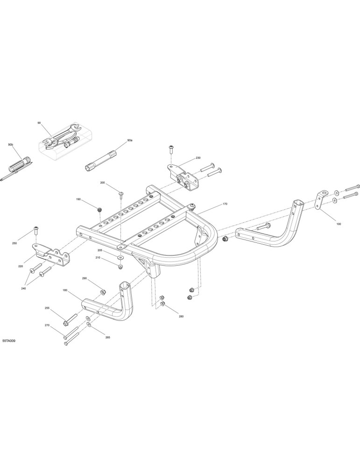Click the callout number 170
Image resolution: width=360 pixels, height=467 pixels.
point(225,204)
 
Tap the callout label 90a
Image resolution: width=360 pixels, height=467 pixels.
point(129,140)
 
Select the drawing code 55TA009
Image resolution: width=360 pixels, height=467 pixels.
point(8,340)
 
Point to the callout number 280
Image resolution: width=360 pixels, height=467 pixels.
point(181,316)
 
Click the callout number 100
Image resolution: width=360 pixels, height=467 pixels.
point(339,224)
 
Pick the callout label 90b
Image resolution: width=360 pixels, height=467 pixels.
point(11,145)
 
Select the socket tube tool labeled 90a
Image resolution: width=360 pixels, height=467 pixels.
point(101,160)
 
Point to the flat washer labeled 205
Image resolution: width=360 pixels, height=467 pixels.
point(120,257)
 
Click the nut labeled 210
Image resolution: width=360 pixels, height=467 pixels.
point(120,266)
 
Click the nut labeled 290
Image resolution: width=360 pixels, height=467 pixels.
point(102,292)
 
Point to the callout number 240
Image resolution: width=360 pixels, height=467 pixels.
point(23,288)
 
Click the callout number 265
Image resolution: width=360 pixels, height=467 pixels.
point(107,338)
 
